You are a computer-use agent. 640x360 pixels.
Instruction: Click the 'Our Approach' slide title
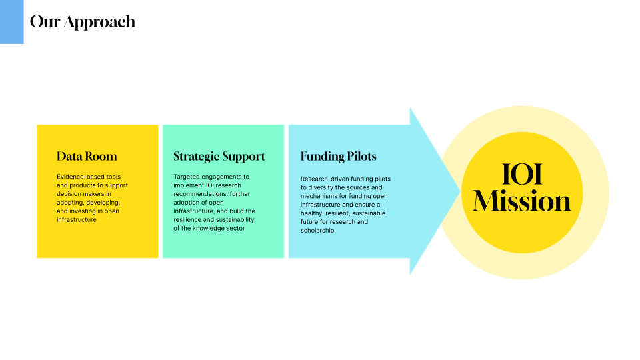tap(83, 22)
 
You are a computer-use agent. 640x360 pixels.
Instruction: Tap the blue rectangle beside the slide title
tap(12, 21)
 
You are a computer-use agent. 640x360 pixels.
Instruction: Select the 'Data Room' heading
tap(87, 156)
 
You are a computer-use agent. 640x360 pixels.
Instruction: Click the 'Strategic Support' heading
tap(219, 157)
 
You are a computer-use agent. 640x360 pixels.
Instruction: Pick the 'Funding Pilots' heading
tap(339, 157)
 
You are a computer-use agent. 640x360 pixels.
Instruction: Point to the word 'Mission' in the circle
tap(521, 201)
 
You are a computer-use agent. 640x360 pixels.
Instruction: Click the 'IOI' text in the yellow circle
tap(522, 174)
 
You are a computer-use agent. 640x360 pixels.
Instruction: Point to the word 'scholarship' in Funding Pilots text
tap(317, 231)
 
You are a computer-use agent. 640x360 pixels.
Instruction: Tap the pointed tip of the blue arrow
tap(461, 191)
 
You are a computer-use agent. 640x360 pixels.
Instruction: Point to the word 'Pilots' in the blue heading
tap(361, 157)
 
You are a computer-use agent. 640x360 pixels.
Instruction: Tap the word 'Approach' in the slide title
tap(99, 23)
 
